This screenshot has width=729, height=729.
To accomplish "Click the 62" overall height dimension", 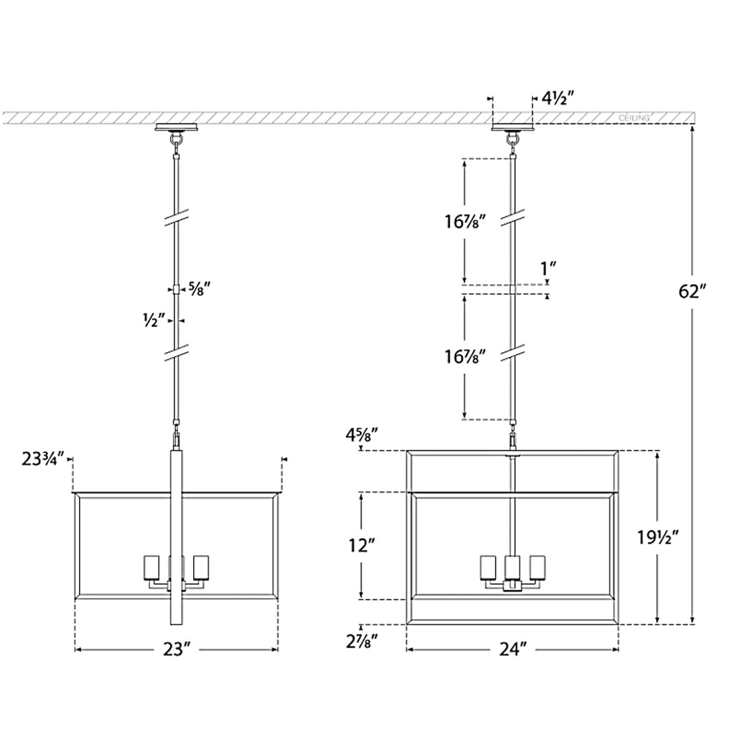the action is (693, 292).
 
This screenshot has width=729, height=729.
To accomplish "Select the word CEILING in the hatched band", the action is (634, 118).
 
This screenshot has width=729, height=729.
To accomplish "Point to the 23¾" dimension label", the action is (43, 459).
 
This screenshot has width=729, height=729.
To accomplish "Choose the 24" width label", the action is (513, 649).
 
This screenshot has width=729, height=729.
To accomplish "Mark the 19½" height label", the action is (658, 537).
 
